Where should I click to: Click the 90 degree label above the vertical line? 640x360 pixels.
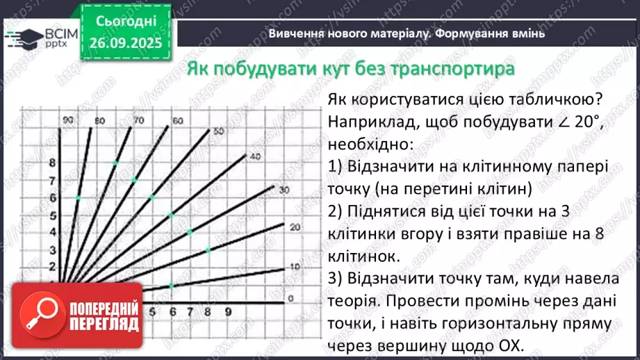click(x=67, y=121)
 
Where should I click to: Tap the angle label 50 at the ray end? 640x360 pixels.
click(x=218, y=131)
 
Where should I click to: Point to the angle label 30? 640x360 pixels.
click(x=284, y=190)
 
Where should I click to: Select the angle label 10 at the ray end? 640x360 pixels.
click(x=295, y=267)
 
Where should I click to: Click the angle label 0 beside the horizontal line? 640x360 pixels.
click(x=291, y=298)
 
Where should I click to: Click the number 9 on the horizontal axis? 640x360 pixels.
click(x=227, y=312)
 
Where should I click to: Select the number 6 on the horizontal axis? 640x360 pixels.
click(x=172, y=312)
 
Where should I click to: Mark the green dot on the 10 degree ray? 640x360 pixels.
click(x=172, y=286)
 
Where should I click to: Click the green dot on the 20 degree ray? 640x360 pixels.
click(x=208, y=249)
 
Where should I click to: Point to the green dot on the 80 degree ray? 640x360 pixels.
click(x=79, y=198)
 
